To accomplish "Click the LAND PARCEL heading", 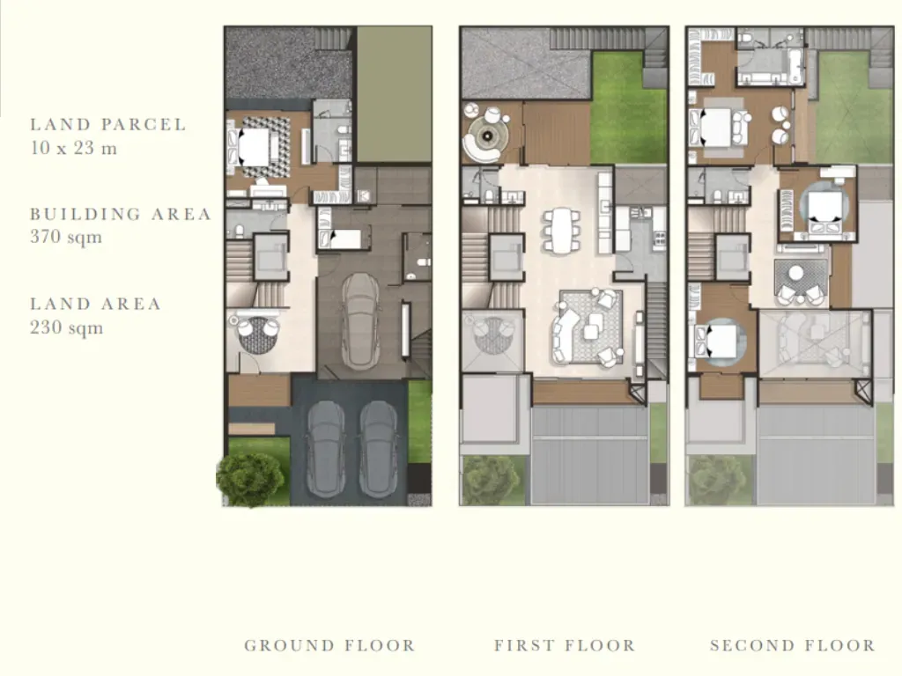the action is (108, 124).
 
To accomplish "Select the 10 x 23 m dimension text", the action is (74, 148).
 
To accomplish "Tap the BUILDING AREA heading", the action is (121, 214).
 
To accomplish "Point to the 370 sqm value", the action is (66, 237).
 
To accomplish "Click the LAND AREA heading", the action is (95, 304).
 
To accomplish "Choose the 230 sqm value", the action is (67, 327).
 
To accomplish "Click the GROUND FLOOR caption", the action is (329, 645).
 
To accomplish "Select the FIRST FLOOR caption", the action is (565, 645).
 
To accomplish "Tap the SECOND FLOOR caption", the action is (793, 645).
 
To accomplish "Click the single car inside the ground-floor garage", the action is (360, 320).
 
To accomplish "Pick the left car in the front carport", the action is (326, 450).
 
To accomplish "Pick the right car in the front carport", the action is (379, 450).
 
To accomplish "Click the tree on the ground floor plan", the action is (250, 480).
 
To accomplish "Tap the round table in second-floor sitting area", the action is (796, 274).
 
